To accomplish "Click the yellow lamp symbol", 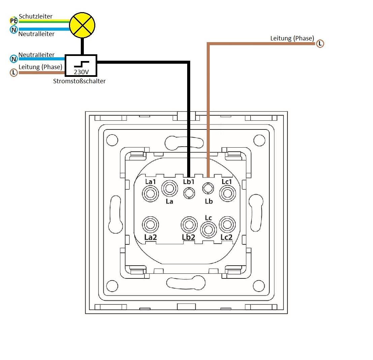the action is click(82, 25).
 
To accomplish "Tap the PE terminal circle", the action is click(13, 21).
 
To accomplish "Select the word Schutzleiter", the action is click(35, 16).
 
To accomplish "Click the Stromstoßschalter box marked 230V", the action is click(81, 65).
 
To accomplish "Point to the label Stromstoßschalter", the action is click(79, 81).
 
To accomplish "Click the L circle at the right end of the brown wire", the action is click(320, 43).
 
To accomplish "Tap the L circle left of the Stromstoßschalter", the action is click(14, 72).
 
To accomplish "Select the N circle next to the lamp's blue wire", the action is click(14, 30).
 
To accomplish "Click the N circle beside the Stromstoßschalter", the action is click(14, 59).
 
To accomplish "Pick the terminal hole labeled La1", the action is click(150, 193).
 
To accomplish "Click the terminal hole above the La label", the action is click(169, 188).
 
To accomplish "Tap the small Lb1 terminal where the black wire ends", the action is click(189, 193).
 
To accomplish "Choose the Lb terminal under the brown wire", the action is click(208, 188).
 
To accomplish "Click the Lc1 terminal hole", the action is click(228, 193).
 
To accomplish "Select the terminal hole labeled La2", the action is click(150, 224).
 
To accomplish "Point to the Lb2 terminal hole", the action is click(189, 225).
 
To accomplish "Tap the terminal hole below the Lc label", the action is click(208, 230).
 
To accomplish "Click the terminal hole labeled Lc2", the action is click(227, 224).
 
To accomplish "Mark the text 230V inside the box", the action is click(81, 72).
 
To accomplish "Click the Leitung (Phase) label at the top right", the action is click(292, 38).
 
